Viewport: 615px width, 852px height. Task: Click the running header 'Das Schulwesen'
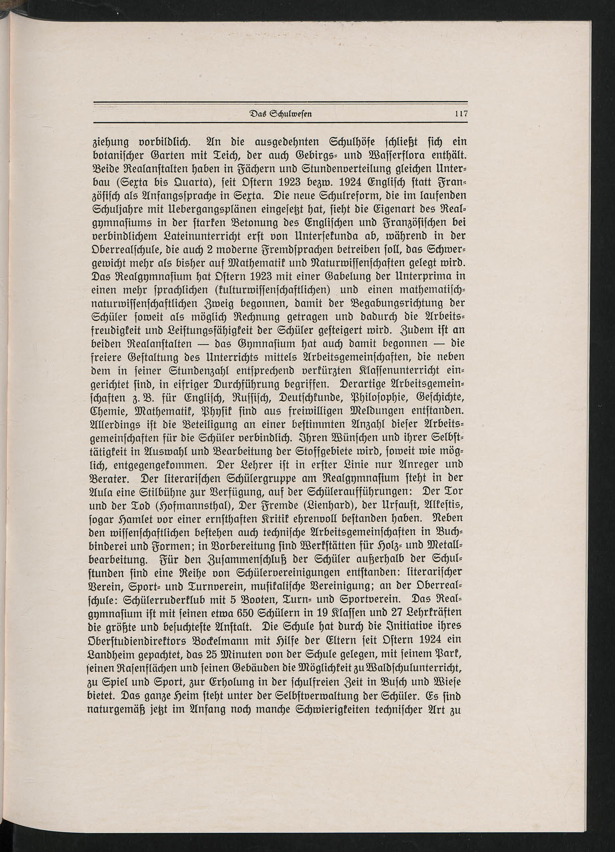click(x=281, y=114)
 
